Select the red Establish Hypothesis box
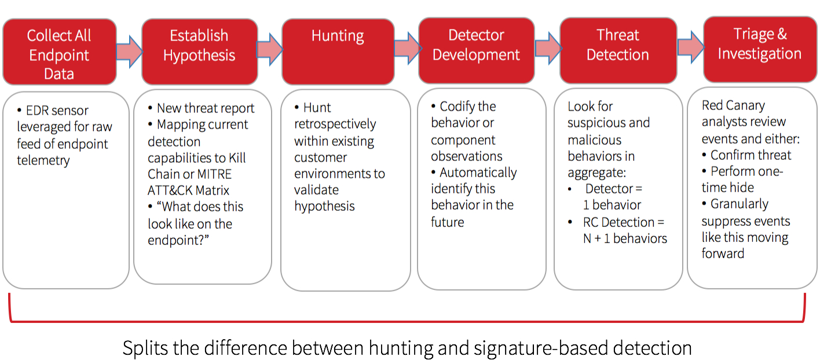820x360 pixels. click(199, 51)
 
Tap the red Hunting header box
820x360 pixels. click(338, 51)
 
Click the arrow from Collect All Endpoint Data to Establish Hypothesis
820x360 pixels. click(129, 52)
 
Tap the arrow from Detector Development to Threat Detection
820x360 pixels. click(547, 48)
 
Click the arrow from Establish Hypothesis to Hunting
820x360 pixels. click(269, 49)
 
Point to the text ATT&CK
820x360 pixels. click(171, 190)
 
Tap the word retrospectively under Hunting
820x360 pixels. click(335, 124)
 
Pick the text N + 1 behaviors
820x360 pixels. click(624, 238)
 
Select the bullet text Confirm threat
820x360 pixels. click(751, 155)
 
